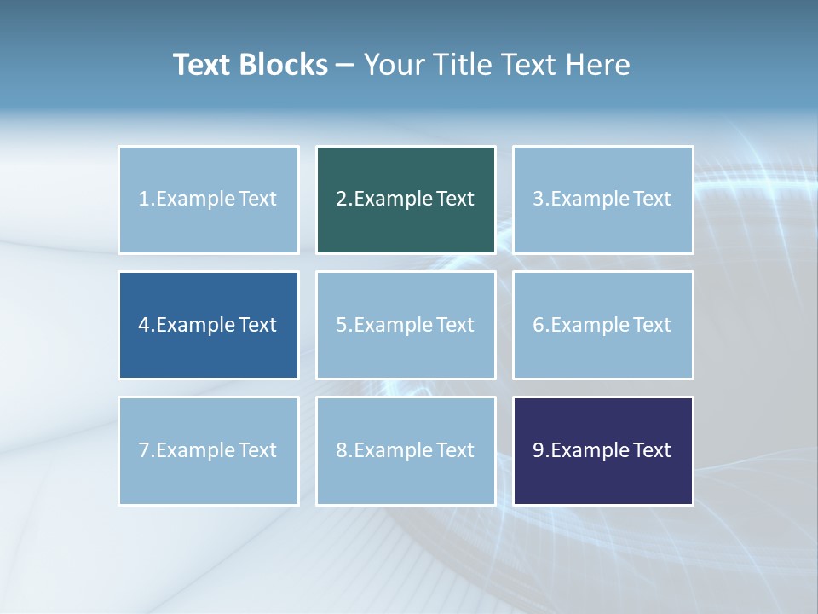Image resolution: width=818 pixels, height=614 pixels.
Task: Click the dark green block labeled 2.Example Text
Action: [406, 200]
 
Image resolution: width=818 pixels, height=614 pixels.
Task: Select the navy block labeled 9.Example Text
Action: [603, 450]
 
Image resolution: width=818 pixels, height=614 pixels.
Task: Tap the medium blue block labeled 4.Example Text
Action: [209, 325]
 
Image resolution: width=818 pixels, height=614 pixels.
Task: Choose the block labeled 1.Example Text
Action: [209, 200]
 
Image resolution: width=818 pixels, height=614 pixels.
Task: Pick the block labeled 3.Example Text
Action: [603, 200]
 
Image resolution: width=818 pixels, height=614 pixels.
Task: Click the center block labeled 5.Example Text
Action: [406, 325]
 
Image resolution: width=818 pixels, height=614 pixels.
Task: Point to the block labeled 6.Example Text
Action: [603, 325]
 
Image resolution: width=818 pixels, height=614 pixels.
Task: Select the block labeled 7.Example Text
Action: [209, 450]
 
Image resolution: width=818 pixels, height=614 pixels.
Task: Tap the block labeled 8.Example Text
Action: [406, 450]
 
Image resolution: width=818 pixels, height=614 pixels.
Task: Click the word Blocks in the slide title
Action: [284, 65]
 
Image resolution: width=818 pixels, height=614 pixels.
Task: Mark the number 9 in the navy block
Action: [538, 450]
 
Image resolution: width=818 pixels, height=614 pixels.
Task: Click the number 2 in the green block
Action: [341, 200]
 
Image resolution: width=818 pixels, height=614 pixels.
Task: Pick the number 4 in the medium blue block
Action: [144, 325]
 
